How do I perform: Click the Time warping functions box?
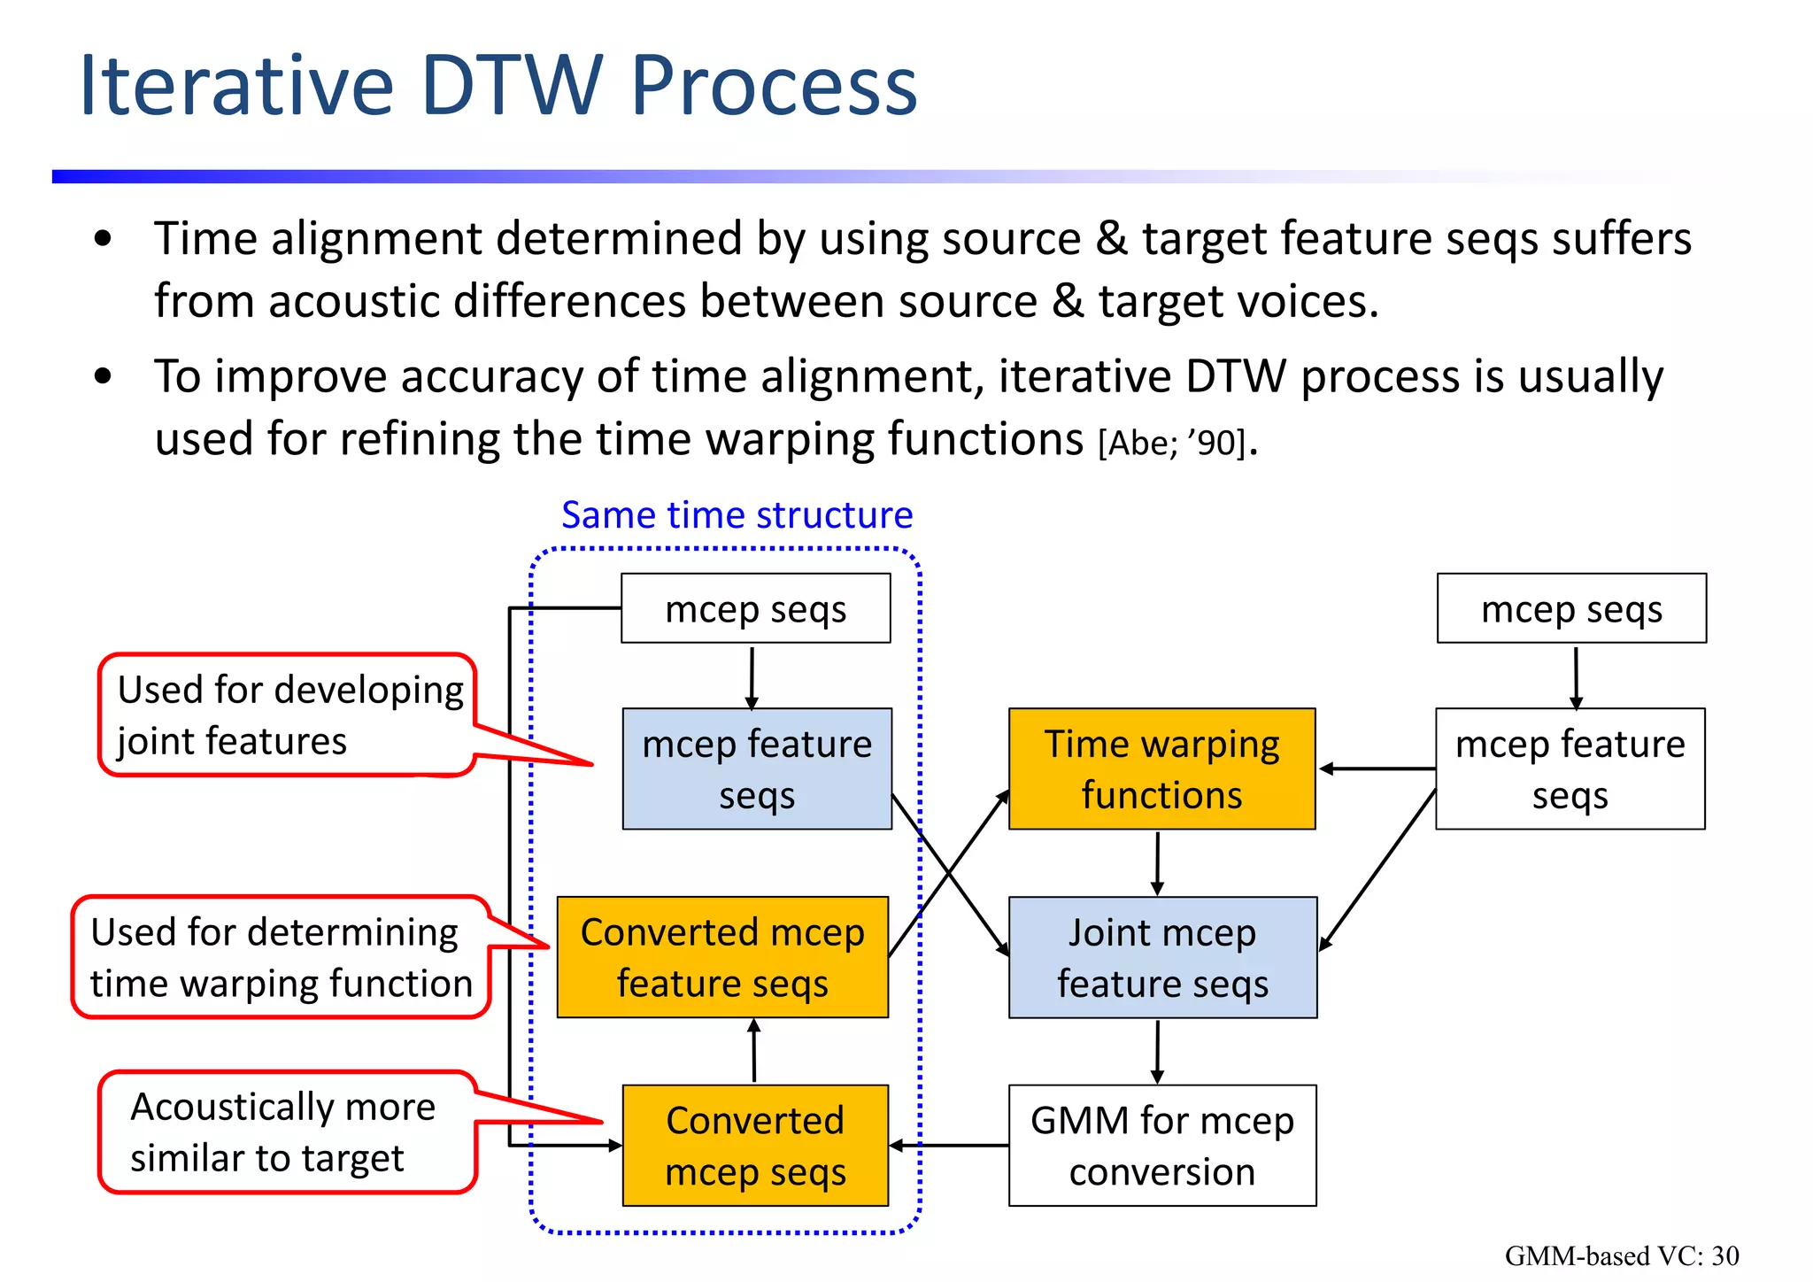1161,768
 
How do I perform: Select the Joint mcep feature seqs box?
1161,957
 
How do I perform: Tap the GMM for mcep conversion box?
1161,1145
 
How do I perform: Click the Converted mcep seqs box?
755,1145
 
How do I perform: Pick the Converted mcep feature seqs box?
722,957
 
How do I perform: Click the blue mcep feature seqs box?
757,768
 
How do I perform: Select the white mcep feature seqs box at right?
1570,768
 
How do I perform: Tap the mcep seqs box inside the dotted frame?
755,608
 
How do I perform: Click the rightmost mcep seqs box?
1571,608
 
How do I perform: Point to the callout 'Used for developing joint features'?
288,714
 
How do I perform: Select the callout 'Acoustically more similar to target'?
283,1131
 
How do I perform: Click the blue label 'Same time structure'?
737,514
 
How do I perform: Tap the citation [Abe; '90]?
1172,443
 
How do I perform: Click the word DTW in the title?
512,86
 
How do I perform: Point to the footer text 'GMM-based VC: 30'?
1621,1255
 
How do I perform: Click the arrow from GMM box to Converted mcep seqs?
949,1146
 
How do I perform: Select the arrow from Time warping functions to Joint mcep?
1157,863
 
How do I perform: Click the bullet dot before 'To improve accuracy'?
103,376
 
